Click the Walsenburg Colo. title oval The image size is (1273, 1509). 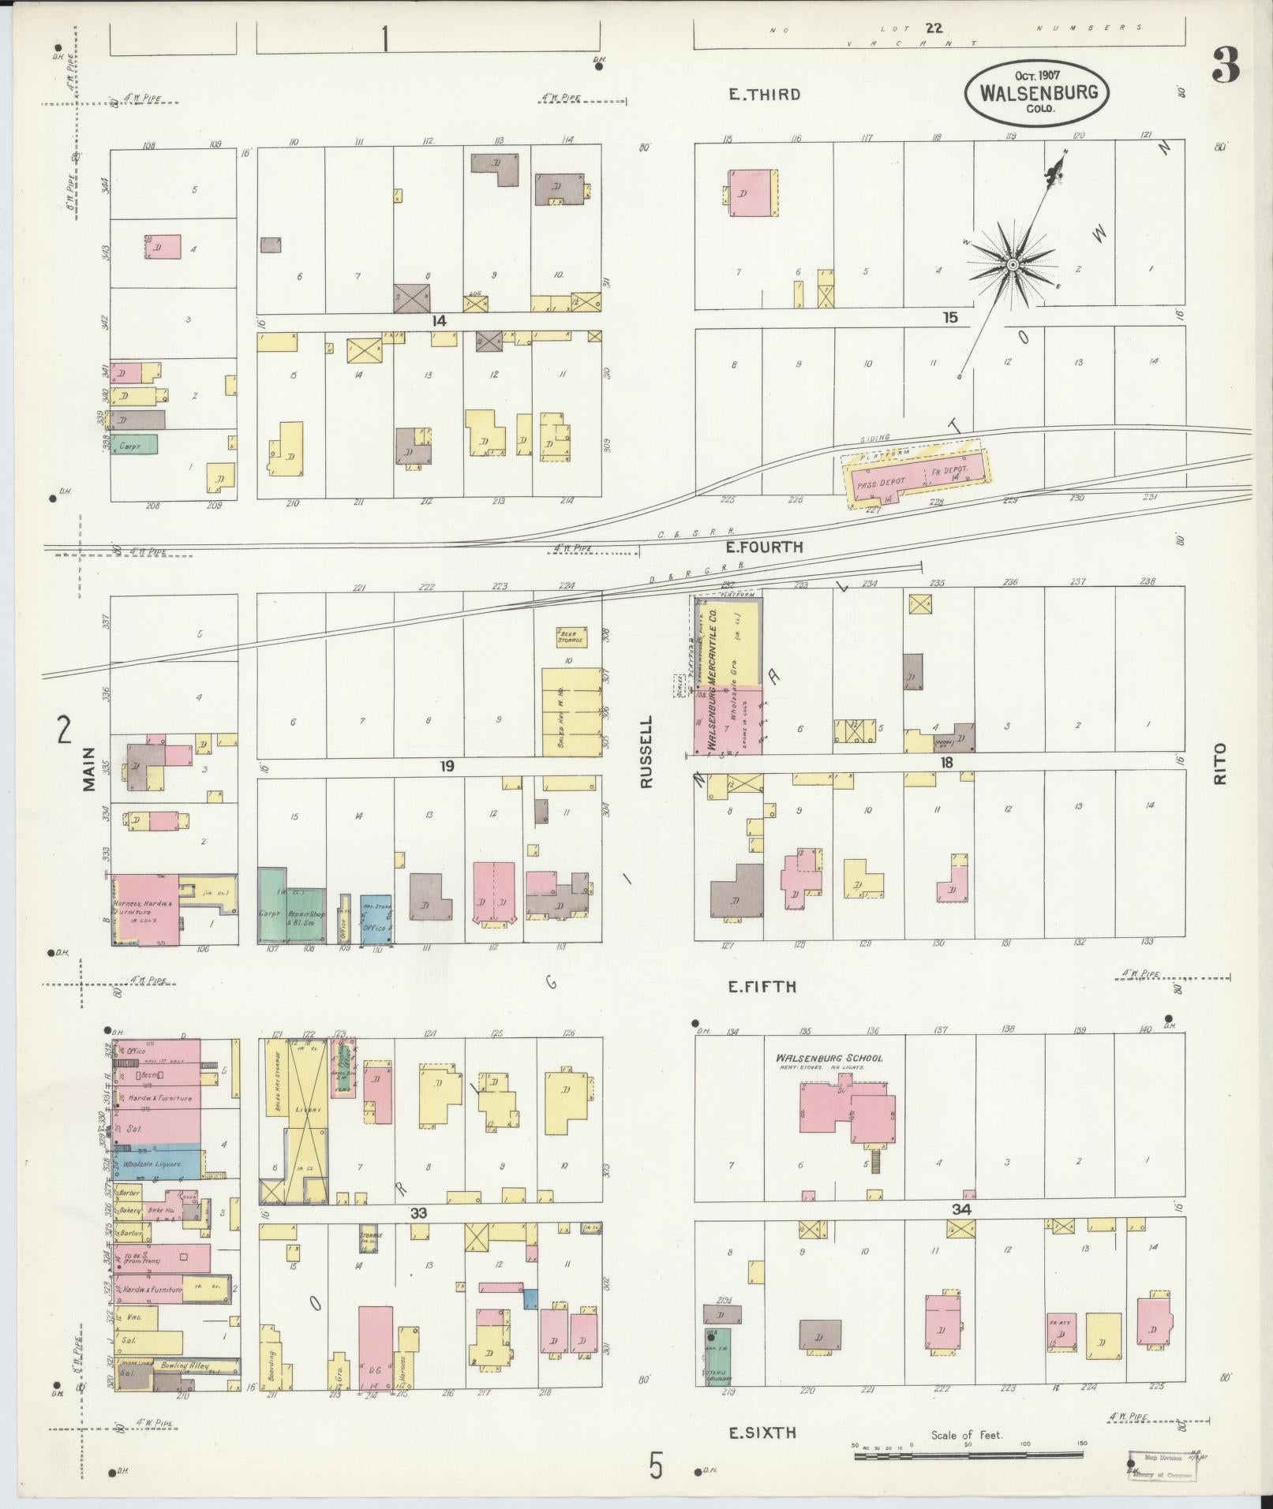[x=1038, y=92]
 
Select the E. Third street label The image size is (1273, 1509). [x=763, y=95]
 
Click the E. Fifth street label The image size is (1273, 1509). [x=762, y=987]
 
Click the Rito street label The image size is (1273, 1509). [x=1221, y=763]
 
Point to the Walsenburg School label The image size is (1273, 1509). [x=829, y=1059]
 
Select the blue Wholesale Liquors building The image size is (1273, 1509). [x=158, y=1164]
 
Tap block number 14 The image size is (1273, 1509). [x=439, y=321]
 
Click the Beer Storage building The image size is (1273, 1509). [x=569, y=636]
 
